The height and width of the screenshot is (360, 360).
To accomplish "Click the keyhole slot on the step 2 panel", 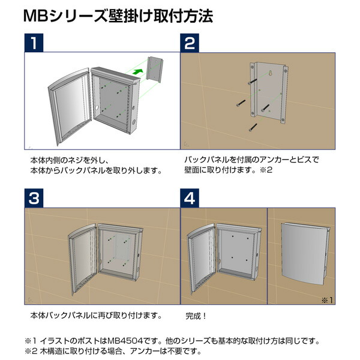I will pos(271,74).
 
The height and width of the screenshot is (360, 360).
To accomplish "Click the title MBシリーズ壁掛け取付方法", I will pos(118,16).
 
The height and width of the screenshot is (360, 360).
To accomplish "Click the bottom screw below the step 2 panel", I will pos(253,127).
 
